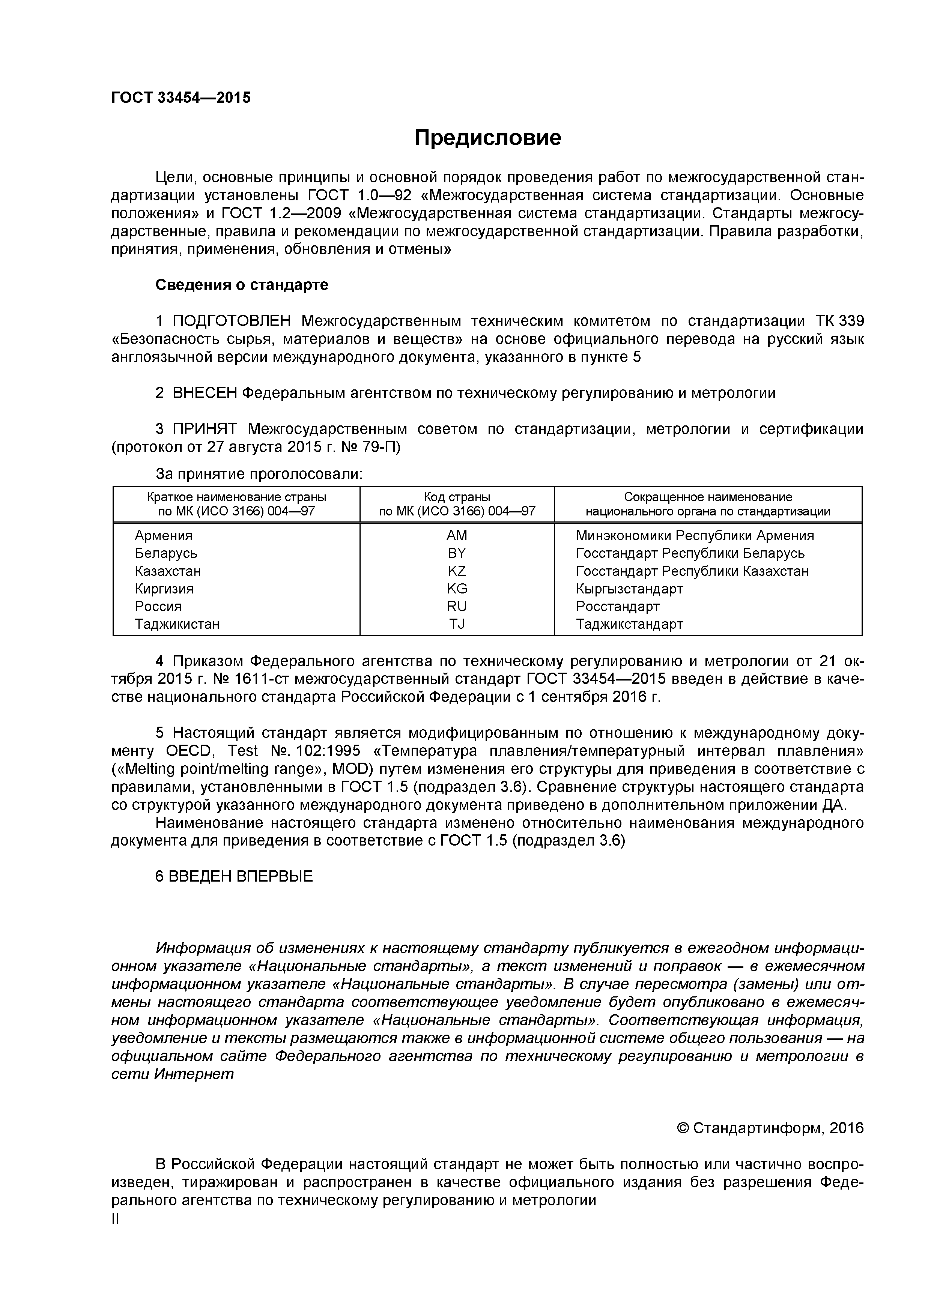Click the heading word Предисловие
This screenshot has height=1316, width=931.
[x=488, y=138]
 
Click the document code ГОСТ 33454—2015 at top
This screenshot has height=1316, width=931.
[x=180, y=98]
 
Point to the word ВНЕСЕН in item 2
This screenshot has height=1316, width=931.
[x=204, y=393]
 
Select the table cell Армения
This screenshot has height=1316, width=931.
[x=163, y=535]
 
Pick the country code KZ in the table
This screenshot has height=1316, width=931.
[x=457, y=571]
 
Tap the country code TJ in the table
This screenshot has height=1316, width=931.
[x=457, y=624]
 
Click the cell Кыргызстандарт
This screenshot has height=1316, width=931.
[x=629, y=589]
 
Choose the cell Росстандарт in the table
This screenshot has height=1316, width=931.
[x=617, y=606]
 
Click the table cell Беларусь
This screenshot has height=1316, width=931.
[x=166, y=553]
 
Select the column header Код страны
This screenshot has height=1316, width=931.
[x=457, y=497]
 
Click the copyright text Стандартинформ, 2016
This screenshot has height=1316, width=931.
[x=778, y=1128]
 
